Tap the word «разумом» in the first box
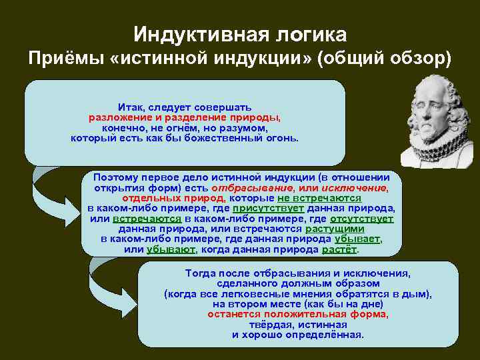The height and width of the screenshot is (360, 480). click(x=245, y=127)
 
